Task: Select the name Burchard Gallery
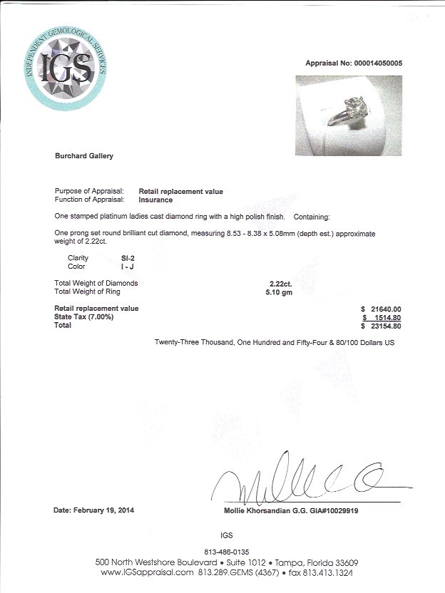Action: point(83,155)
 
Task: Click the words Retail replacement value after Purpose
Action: point(180,192)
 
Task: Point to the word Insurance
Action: point(156,200)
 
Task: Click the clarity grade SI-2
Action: point(147,257)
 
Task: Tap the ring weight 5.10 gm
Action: point(275,292)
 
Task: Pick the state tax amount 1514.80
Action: point(386,317)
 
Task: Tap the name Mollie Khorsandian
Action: point(254,511)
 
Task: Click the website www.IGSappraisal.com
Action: point(148,572)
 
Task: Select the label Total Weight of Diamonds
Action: point(96,283)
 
